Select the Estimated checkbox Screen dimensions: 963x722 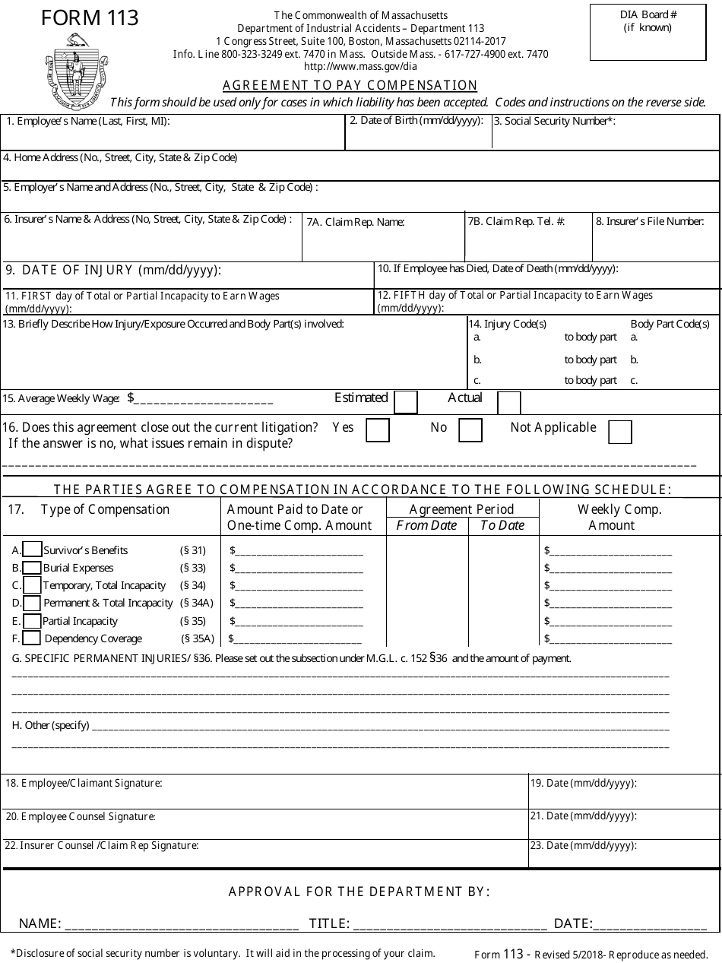click(406, 402)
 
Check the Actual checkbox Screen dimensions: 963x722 click(508, 402)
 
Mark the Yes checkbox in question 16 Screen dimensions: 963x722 click(378, 430)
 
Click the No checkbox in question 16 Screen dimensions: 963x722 click(470, 430)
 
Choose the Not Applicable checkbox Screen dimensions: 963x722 click(620, 431)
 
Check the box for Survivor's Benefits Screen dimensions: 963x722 click(32, 550)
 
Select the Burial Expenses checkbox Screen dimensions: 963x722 click(32, 567)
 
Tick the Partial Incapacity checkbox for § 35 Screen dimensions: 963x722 click(32, 621)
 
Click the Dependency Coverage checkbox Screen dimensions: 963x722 click(32, 638)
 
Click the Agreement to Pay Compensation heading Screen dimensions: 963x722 click(350, 85)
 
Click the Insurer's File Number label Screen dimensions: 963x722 click(650, 221)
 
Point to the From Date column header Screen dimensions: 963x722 click(427, 525)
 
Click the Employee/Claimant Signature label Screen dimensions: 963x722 click(84, 783)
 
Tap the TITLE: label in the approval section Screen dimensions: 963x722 click(329, 923)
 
